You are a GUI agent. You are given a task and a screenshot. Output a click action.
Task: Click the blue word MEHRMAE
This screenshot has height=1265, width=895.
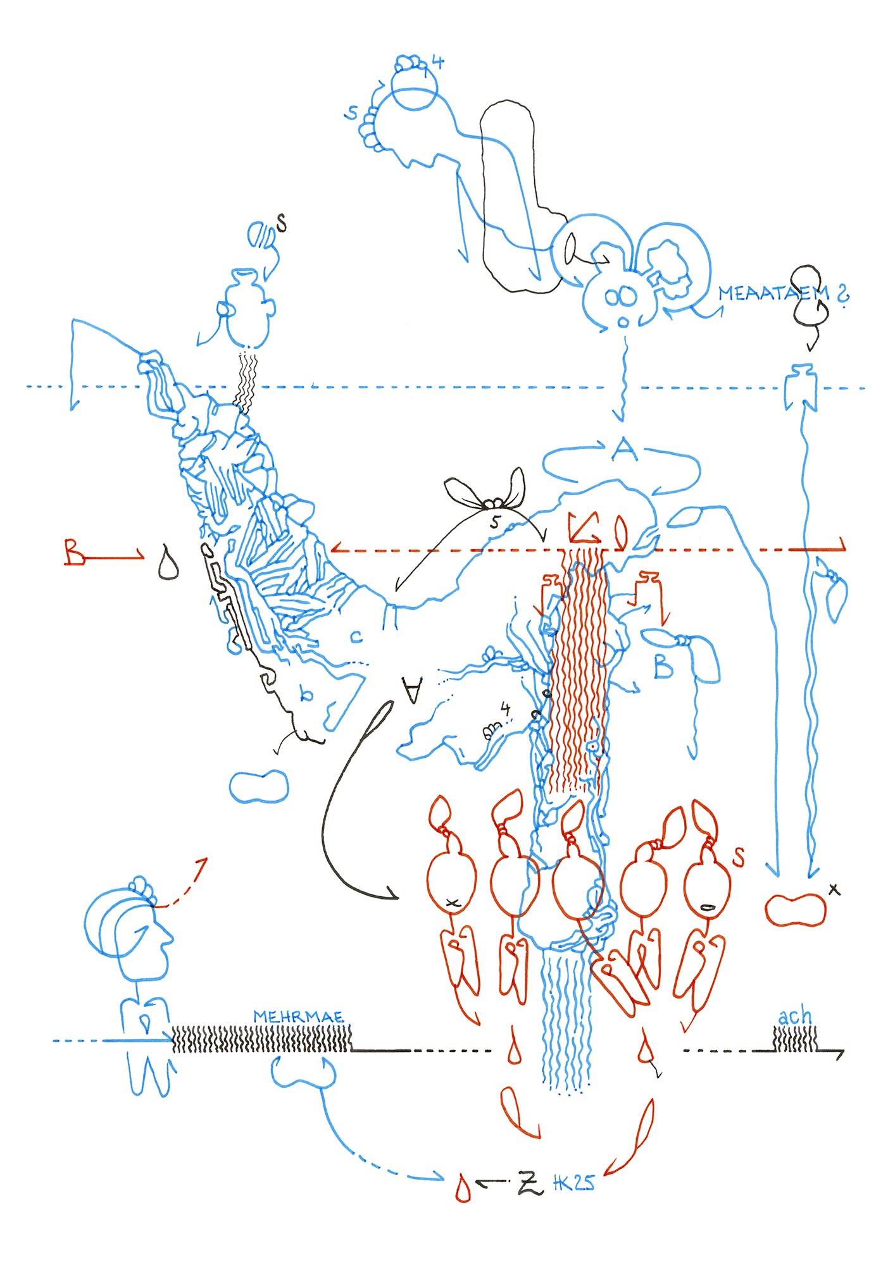coord(298,1016)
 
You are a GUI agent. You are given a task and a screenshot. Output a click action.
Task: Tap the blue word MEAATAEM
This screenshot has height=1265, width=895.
coord(772,293)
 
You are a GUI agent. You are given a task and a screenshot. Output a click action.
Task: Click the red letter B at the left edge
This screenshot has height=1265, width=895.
coord(75,552)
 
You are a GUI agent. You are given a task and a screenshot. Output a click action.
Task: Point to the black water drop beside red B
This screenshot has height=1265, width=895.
coord(168,562)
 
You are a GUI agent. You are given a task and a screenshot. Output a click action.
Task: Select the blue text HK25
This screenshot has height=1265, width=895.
coord(573,1183)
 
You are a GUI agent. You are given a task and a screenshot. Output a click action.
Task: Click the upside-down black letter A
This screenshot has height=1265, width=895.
coord(413,690)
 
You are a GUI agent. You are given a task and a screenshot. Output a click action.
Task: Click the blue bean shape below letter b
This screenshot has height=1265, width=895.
coord(258,786)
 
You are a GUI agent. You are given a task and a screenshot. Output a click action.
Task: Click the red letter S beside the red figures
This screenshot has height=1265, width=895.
coord(738,857)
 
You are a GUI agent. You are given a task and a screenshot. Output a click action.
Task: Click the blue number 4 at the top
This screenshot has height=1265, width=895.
coord(437,62)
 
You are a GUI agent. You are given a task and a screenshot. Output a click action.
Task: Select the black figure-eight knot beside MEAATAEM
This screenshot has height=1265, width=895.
coord(809,296)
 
